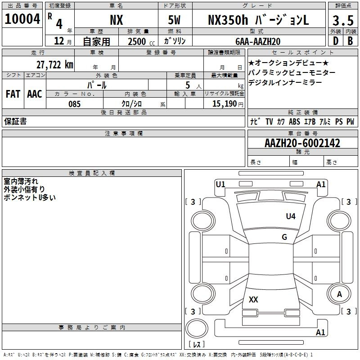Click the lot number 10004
click(22, 19)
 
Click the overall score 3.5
click(343, 21)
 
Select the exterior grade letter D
click(336, 41)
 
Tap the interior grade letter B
click(350, 41)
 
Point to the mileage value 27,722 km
click(55, 65)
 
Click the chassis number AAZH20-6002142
click(302, 143)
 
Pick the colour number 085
click(74, 104)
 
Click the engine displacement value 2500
click(137, 42)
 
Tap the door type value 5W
click(174, 20)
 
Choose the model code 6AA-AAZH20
click(258, 41)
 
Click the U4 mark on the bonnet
click(291, 216)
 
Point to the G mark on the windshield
click(284, 237)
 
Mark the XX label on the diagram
click(253, 299)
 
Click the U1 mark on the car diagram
click(220, 184)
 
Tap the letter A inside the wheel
click(339, 294)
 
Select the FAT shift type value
click(13, 94)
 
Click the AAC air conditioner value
click(35, 94)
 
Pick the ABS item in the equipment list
click(294, 121)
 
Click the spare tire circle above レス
click(197, 328)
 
